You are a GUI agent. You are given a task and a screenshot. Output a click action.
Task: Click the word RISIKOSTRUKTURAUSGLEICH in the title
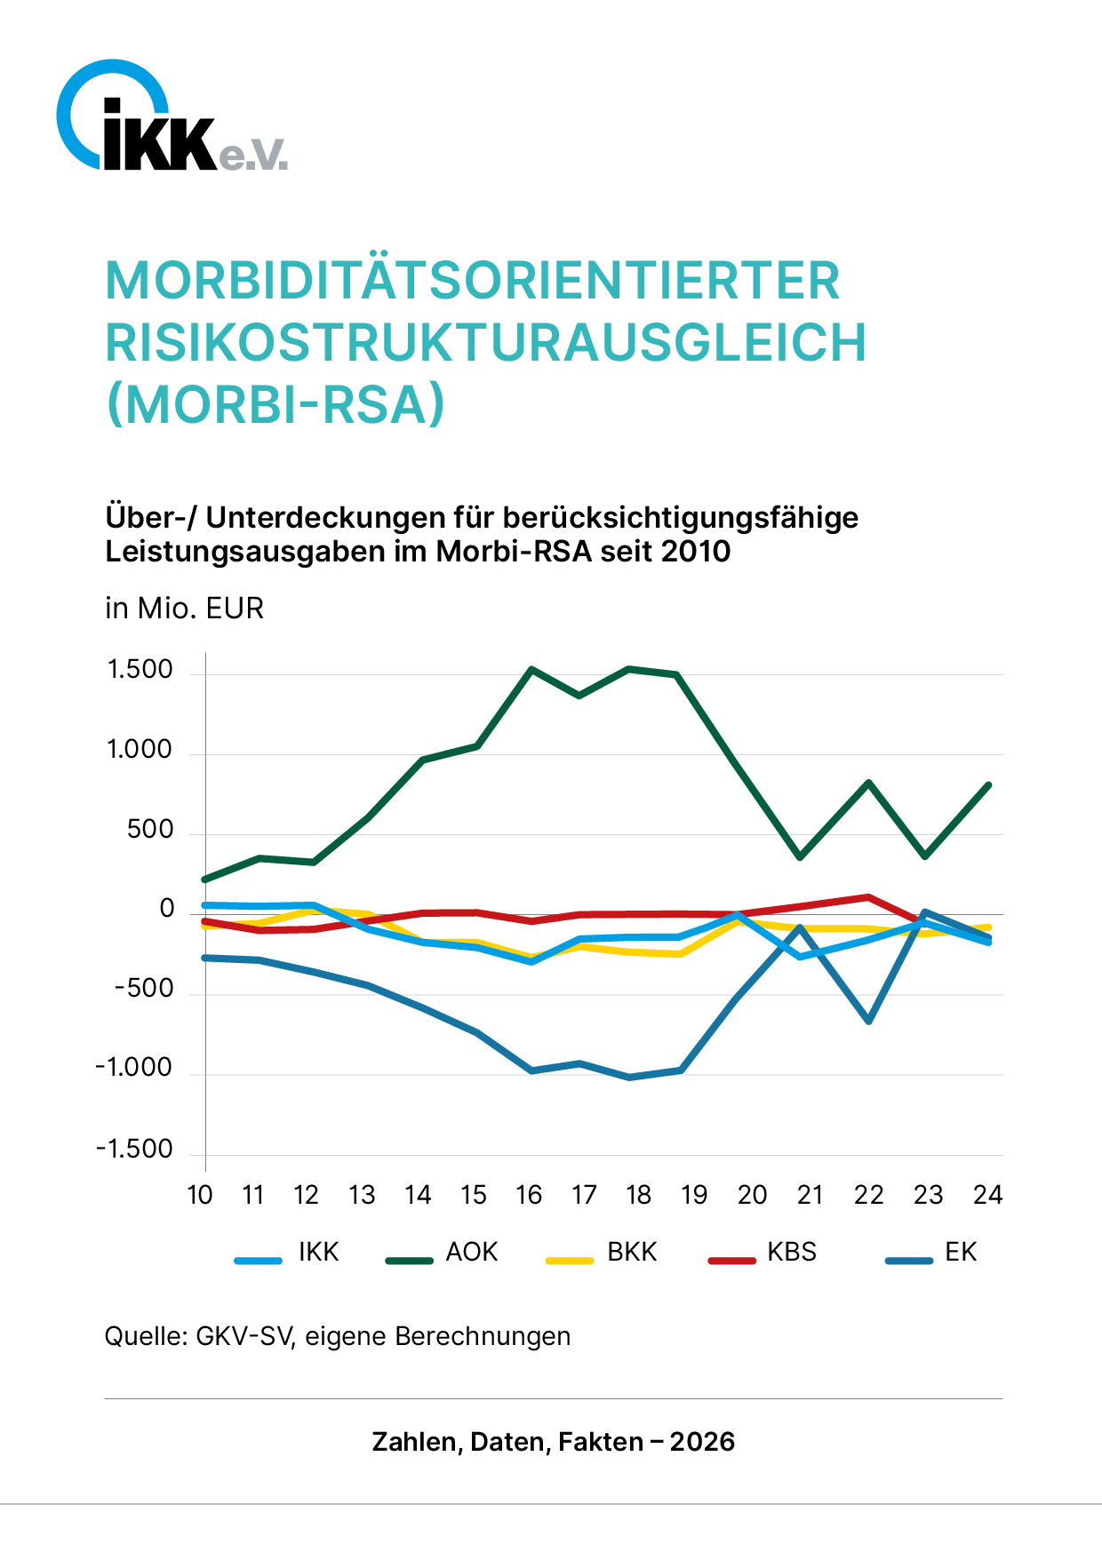[x=485, y=343]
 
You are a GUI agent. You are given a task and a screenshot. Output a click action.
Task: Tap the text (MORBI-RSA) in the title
[x=275, y=405]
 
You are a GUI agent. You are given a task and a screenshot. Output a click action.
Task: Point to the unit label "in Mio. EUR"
[x=184, y=609]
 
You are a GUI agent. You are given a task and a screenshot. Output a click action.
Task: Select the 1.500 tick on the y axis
[x=140, y=670]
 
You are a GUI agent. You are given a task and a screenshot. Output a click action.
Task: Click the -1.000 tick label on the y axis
[x=134, y=1068]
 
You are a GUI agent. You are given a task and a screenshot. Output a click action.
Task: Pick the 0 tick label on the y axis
[x=167, y=909]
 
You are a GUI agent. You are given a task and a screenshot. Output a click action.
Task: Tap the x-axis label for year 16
[x=528, y=1196]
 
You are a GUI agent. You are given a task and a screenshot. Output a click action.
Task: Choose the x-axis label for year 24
[x=986, y=1196]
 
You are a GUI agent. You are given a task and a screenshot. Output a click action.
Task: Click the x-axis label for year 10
[x=200, y=1196]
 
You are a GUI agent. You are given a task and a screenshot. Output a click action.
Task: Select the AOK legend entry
[x=471, y=1252]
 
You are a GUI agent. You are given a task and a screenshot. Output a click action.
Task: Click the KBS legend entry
[x=791, y=1252]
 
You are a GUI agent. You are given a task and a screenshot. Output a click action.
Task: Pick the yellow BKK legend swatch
[x=569, y=1260]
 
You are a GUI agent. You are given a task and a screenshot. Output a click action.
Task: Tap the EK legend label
[x=961, y=1252]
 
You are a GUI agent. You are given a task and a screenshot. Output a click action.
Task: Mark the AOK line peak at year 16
[x=531, y=669]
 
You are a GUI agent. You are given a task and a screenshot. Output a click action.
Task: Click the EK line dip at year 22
[x=868, y=1020]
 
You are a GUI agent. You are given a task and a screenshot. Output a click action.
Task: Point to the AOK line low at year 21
[x=801, y=856]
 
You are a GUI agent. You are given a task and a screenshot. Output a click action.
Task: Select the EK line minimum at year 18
[x=630, y=1077]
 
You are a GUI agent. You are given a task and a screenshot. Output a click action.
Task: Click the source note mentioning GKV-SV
[x=338, y=1336]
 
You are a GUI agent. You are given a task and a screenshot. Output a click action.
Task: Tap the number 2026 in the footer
[x=702, y=1441]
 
